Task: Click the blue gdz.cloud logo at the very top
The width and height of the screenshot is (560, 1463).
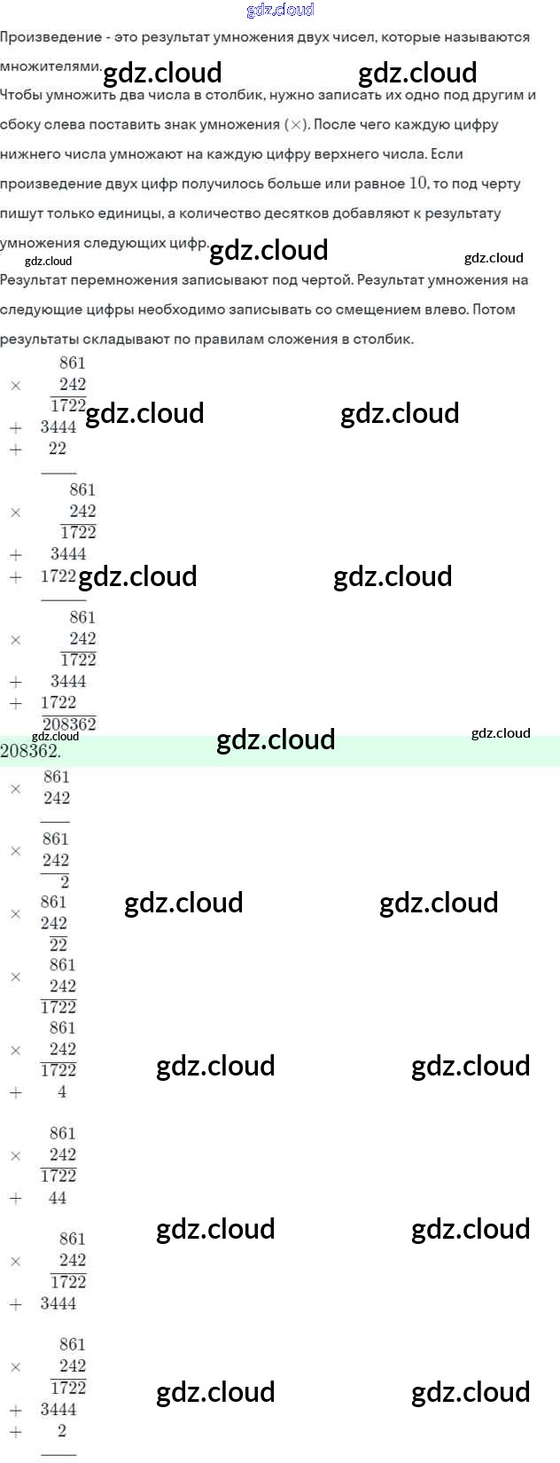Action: [280, 10]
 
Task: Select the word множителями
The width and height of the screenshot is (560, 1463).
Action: [51, 66]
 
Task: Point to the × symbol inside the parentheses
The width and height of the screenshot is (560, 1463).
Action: [296, 125]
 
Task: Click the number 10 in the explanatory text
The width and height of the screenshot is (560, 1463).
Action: [418, 183]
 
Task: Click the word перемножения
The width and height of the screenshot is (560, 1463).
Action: [127, 280]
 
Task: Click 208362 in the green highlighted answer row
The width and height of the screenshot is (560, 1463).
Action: [30, 752]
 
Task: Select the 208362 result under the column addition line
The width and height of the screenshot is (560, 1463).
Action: [69, 724]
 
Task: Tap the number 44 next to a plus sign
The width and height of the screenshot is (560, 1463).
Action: [58, 1198]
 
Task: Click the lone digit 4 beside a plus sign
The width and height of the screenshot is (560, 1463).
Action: [62, 1092]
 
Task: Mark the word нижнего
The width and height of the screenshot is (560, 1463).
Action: [32, 154]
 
